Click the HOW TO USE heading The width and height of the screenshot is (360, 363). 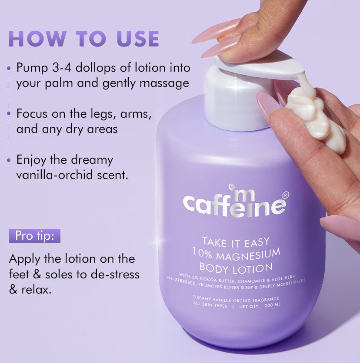pos(83,39)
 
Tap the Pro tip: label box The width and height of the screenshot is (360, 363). pos(35,236)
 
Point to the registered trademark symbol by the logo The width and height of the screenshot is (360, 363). pos(285,195)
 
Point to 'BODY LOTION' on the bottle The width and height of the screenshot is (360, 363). pos(236,268)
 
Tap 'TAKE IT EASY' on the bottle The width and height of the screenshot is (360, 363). pos(236,241)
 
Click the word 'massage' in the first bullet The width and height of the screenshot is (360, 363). pos(164,82)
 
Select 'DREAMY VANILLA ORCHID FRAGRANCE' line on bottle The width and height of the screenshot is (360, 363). pos(236,299)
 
